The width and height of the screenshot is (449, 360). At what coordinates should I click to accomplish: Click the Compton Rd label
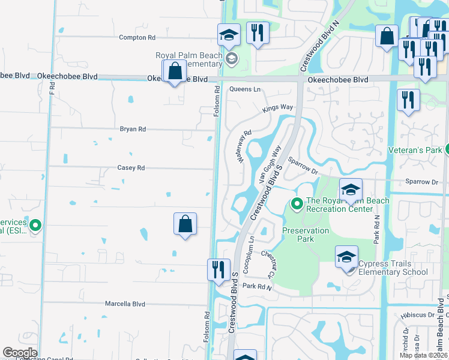point(137,37)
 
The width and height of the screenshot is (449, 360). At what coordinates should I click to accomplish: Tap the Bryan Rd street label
point(133,129)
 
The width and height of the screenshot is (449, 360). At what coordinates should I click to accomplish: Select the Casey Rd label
point(131,168)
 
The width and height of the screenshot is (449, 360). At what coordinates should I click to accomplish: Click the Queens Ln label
point(246,89)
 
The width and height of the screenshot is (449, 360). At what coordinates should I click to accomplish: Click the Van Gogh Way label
point(270,164)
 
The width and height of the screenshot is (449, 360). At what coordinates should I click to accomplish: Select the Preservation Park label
point(306,235)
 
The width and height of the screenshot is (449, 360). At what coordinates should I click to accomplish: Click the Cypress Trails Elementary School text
point(393,268)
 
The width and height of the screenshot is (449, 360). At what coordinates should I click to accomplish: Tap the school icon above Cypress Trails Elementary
point(347,257)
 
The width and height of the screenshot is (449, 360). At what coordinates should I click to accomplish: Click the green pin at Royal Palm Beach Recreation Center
point(297,205)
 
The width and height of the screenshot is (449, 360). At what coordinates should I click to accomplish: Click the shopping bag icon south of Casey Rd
point(185,224)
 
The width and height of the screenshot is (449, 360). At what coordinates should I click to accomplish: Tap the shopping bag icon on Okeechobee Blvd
point(174,71)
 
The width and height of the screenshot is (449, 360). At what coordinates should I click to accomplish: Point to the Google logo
point(20,353)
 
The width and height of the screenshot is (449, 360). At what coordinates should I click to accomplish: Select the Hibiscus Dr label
point(414,314)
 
